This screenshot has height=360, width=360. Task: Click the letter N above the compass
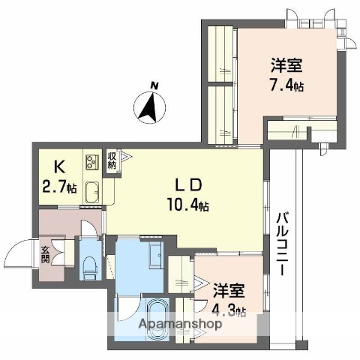152,85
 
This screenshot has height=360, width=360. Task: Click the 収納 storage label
112,160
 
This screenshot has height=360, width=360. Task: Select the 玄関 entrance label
44,256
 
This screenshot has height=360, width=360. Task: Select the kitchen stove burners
92,162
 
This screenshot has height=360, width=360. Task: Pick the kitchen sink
94,191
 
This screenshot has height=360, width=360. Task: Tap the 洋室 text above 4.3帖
226,289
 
